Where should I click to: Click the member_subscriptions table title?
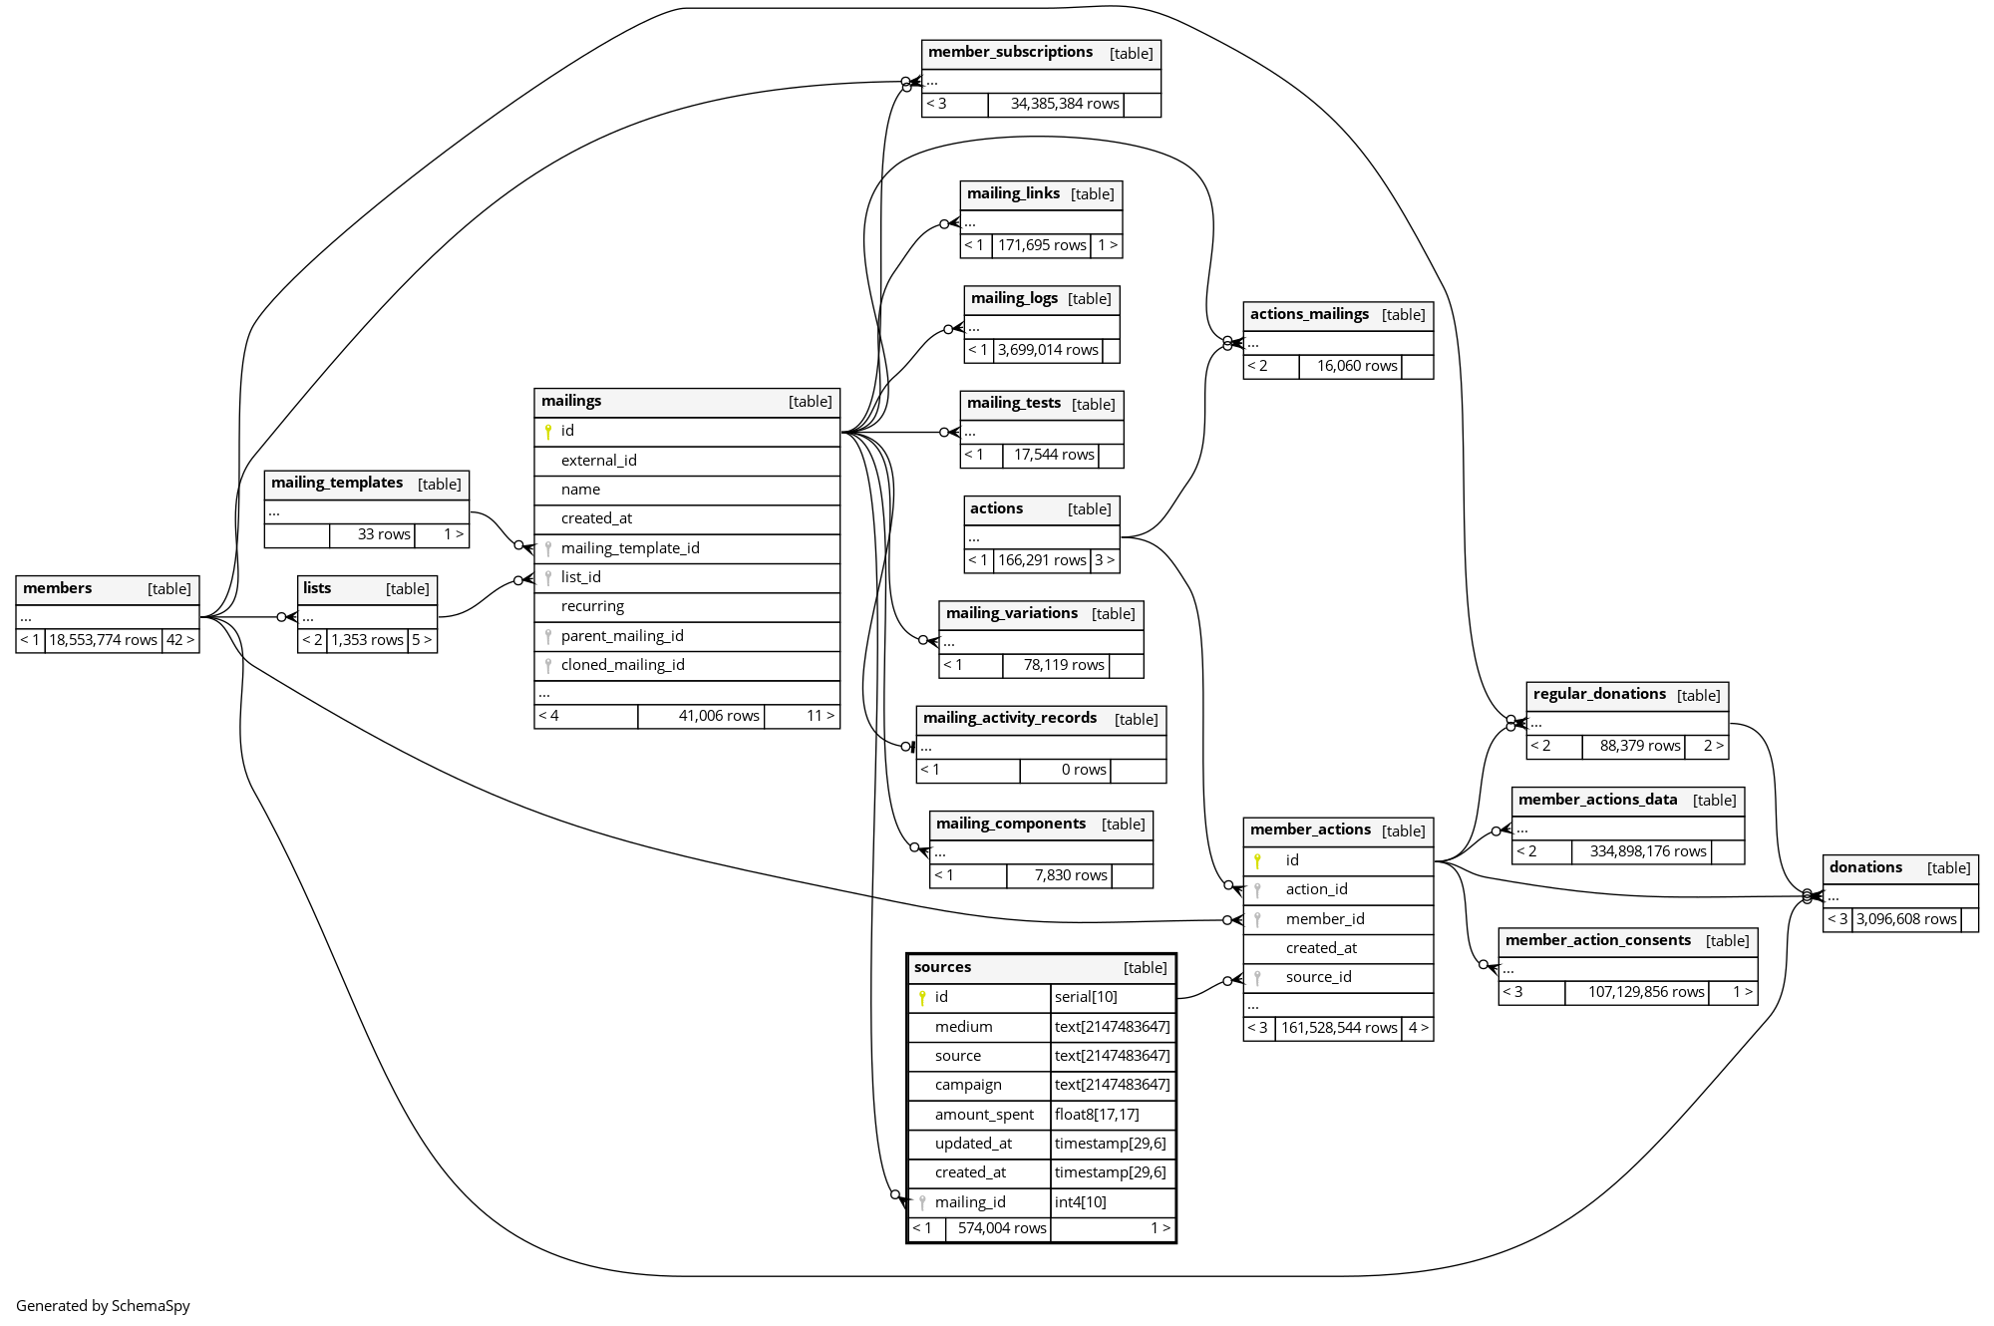tap(1010, 53)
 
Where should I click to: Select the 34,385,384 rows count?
tap(1064, 104)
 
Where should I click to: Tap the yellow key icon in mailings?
tap(548, 432)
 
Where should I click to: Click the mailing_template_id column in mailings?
tap(630, 548)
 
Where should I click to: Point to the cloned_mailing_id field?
tap(622, 665)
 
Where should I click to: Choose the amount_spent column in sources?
tap(984, 1115)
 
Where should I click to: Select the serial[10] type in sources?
tap(1086, 997)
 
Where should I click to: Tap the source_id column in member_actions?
tap(1318, 977)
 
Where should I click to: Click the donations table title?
tap(1865, 867)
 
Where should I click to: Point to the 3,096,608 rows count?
tap(1905, 919)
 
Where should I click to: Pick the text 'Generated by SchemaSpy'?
tap(103, 1306)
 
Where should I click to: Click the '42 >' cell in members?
tap(180, 640)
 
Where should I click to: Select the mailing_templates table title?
tap(337, 484)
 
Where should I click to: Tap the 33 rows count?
tap(384, 534)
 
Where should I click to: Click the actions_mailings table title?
tap(1309, 315)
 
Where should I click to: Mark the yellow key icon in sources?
tap(922, 997)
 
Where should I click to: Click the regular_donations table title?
tap(1599, 695)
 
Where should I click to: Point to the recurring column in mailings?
tap(592, 606)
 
